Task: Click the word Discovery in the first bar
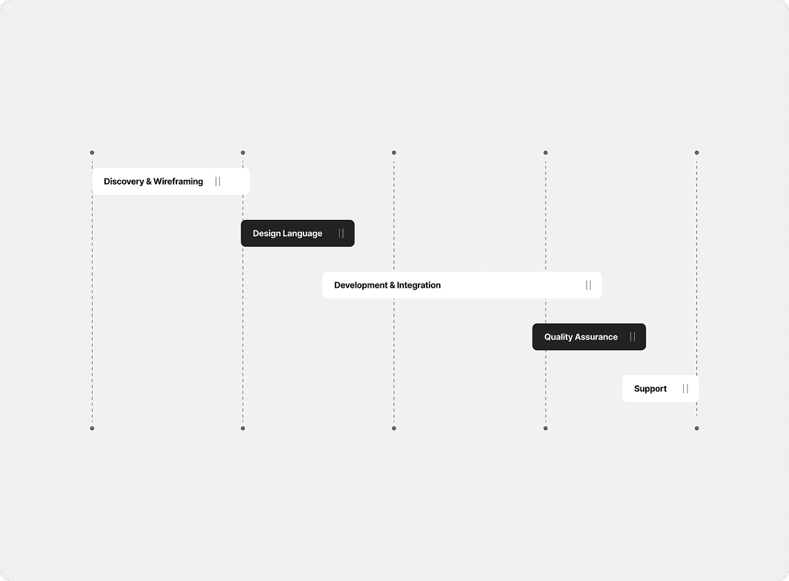(x=124, y=182)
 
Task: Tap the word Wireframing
(x=178, y=181)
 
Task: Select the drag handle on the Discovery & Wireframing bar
(x=218, y=181)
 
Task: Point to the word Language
(x=302, y=234)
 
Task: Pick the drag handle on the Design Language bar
(x=341, y=234)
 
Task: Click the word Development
(x=361, y=285)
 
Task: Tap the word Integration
(x=418, y=285)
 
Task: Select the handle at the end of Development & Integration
(x=588, y=285)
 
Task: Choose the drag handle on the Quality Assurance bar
(x=633, y=337)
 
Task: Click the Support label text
(x=650, y=389)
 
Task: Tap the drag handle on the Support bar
(x=685, y=389)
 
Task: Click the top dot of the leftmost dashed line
(x=92, y=153)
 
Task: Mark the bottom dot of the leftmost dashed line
(x=92, y=428)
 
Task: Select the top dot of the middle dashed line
(x=394, y=153)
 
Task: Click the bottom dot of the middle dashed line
(x=394, y=428)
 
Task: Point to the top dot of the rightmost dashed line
(x=697, y=153)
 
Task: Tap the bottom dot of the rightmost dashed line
(x=697, y=428)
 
